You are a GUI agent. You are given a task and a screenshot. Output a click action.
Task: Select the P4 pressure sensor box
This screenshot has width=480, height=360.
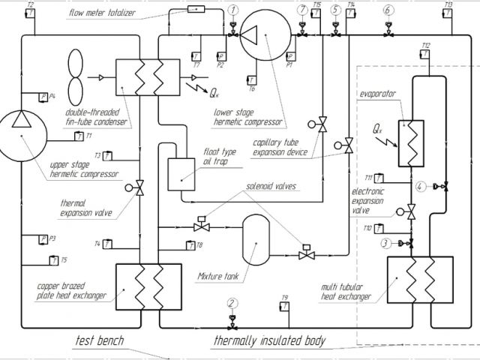tap(43, 97)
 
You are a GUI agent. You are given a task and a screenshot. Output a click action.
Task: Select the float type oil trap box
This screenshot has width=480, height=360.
tap(180, 175)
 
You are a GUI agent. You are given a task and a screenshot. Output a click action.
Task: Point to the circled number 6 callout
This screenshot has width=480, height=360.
tap(388, 10)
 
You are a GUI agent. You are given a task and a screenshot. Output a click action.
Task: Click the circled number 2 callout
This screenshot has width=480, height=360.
tap(232, 304)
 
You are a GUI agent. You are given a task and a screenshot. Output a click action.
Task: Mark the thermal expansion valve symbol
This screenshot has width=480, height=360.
tap(139, 188)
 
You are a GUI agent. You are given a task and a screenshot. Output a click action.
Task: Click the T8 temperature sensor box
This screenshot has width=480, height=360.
tap(190, 245)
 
